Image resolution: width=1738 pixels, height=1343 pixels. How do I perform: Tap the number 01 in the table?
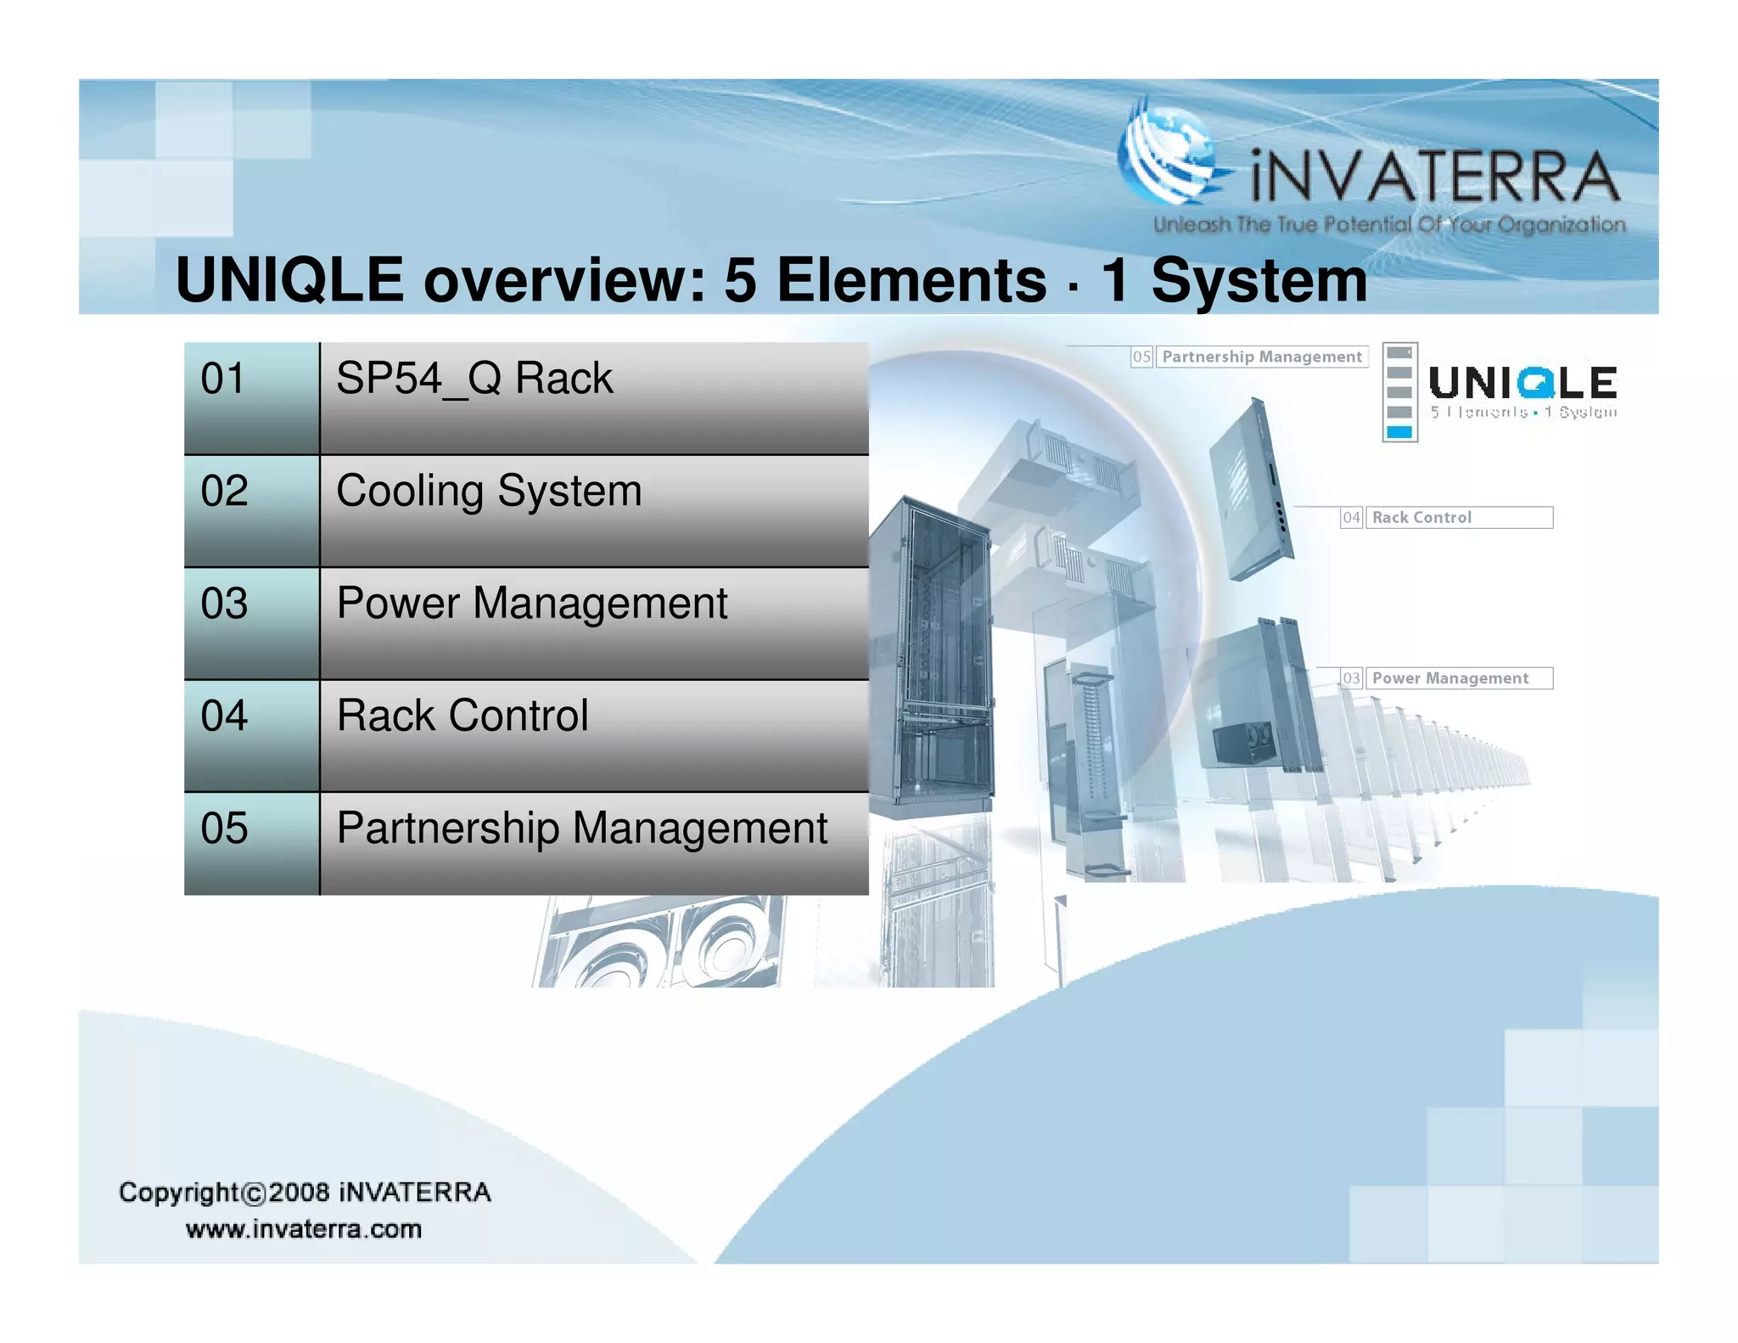[x=222, y=379]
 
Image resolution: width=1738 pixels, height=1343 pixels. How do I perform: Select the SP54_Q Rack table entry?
[x=474, y=379]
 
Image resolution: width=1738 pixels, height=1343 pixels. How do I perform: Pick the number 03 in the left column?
[x=224, y=604]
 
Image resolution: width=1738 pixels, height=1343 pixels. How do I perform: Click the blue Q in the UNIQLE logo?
[x=1536, y=384]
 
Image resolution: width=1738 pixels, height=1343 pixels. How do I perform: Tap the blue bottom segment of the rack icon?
[x=1399, y=432]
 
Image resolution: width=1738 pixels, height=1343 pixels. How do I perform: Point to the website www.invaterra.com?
[x=303, y=1229]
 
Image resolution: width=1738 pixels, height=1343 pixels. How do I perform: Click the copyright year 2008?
[x=299, y=1192]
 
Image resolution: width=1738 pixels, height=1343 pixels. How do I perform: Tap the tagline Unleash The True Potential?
[x=1388, y=225]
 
